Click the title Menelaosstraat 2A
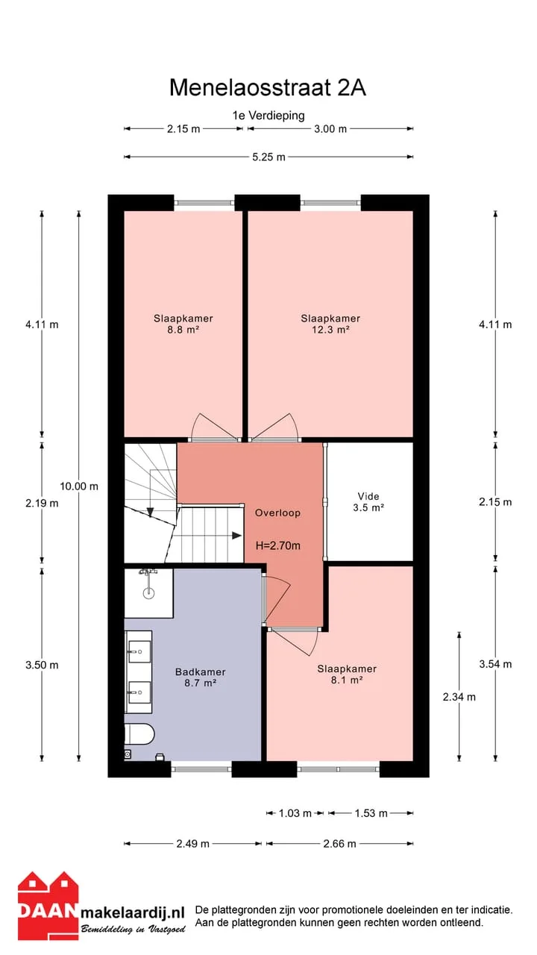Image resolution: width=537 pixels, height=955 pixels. click(268, 88)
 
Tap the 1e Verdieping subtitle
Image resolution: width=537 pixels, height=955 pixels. click(268, 116)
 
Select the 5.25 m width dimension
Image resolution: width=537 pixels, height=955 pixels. click(268, 157)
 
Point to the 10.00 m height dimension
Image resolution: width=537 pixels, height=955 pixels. click(79, 486)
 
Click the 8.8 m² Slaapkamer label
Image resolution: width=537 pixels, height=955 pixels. click(183, 324)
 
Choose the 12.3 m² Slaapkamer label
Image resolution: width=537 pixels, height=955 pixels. click(330, 324)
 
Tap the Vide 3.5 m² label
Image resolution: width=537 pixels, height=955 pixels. click(368, 502)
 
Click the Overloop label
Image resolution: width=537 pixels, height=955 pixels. click(277, 513)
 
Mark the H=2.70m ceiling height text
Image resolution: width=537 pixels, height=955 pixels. click(278, 545)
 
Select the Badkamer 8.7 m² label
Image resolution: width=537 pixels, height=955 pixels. click(201, 677)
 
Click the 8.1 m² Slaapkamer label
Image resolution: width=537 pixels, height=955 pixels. click(347, 674)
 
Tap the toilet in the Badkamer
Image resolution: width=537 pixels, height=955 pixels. click(139, 733)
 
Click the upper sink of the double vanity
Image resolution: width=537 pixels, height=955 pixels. click(139, 652)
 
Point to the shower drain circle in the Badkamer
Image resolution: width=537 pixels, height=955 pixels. click(148, 592)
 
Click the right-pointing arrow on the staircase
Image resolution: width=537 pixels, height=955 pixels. click(236, 536)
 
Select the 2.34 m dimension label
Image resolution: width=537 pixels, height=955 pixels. click(459, 697)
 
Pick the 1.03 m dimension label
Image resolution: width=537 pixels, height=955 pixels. click(295, 813)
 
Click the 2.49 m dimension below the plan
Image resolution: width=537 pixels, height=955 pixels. click(192, 844)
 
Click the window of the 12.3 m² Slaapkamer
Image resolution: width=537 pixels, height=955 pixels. click(330, 203)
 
